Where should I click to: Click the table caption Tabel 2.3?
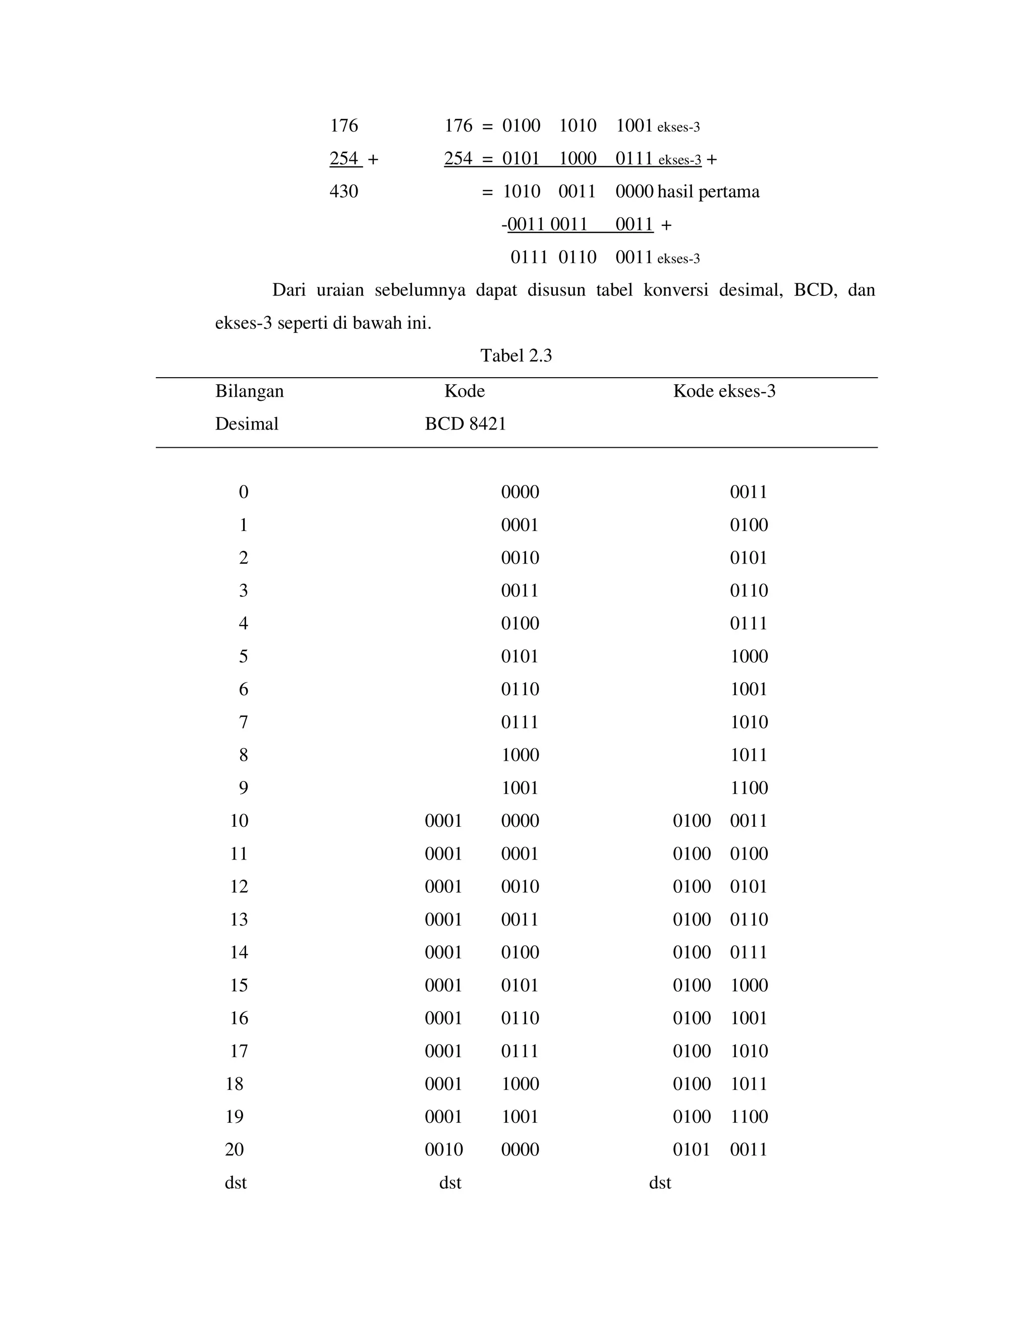pyautogui.click(x=516, y=355)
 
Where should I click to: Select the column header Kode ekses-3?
pyautogui.click(x=724, y=391)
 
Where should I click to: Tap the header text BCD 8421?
pyautogui.click(x=465, y=424)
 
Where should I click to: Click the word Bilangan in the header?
pyautogui.click(x=249, y=391)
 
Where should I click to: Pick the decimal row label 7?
pyautogui.click(x=243, y=722)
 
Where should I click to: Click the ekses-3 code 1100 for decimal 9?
pyautogui.click(x=749, y=788)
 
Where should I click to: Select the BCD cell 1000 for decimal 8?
pyautogui.click(x=520, y=755)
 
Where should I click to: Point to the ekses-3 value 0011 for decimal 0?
pyautogui.click(x=748, y=492)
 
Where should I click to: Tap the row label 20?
pyautogui.click(x=235, y=1149)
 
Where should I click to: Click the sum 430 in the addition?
pyautogui.click(x=343, y=192)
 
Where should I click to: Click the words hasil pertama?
pyautogui.click(x=708, y=192)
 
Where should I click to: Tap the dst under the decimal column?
pyautogui.click(x=236, y=1182)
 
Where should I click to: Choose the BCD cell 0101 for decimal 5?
pyautogui.click(x=520, y=656)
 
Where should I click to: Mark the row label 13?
pyautogui.click(x=239, y=920)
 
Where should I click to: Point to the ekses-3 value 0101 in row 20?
pyautogui.click(x=691, y=1149)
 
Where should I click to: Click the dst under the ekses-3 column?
pyautogui.click(x=660, y=1182)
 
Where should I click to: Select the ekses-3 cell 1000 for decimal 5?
pyautogui.click(x=749, y=656)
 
